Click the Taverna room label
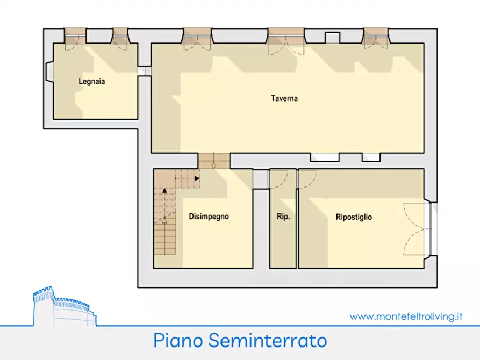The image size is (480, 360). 284,99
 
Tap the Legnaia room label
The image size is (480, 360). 91,82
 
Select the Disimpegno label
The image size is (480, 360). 209,217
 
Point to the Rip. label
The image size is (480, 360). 283,218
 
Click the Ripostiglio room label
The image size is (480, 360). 354,218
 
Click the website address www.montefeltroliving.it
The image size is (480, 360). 406,316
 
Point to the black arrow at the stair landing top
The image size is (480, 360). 197,178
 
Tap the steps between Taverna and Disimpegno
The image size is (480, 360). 214,160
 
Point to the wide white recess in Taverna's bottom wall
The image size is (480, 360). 325,157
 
